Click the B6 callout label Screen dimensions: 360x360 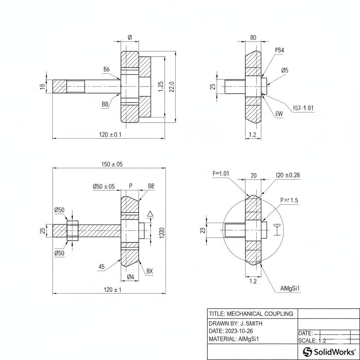tap(106, 69)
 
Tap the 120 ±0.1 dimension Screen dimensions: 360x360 tap(110, 135)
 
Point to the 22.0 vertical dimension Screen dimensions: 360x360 tap(172, 86)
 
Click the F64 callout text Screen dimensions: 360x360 tap(279, 50)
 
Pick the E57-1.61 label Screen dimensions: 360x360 tap(303, 108)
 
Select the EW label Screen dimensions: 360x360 tap(279, 114)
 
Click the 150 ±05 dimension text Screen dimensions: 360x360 tap(112, 164)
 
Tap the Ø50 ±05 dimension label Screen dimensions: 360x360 tap(103, 186)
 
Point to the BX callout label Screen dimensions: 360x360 tap(150, 271)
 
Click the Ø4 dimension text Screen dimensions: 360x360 tap(130, 277)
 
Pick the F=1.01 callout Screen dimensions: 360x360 tap(221, 173)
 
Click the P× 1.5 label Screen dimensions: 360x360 tap(289, 200)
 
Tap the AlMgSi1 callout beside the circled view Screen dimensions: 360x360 tap(290, 289)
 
